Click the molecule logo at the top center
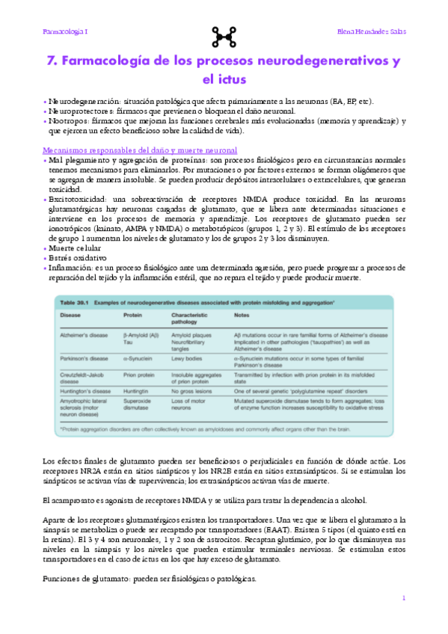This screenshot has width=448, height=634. click(224, 33)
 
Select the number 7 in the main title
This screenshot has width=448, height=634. click(52, 61)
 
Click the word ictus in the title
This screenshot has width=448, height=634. click(224, 79)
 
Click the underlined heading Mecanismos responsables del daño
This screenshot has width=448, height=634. click(141, 150)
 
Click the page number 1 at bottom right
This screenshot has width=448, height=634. click(403, 597)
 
